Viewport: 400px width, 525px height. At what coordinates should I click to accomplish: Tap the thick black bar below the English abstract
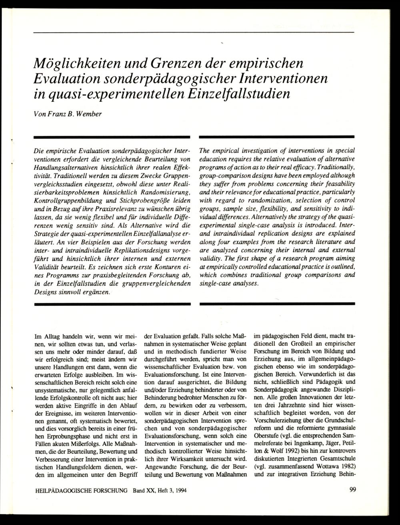(x=277, y=304)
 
